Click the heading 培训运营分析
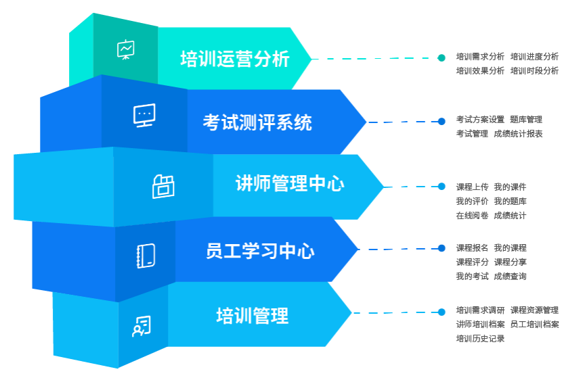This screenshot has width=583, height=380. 235,60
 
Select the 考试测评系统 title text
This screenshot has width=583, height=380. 257,123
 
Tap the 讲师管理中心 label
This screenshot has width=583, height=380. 290,184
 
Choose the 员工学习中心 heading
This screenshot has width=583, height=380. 260,252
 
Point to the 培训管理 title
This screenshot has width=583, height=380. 252,316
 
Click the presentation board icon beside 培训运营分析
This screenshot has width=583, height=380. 126,50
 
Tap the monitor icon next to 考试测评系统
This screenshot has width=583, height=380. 144,116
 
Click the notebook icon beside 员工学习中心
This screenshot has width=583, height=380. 146,256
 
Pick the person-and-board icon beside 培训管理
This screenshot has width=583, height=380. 141,327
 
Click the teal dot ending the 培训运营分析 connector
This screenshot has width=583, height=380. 441,57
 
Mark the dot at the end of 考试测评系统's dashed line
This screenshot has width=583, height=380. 441,122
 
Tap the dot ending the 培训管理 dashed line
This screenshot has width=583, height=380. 441,312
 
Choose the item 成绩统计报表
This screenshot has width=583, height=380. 518,134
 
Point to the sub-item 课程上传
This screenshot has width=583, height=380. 472,187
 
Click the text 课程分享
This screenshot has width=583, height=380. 510,262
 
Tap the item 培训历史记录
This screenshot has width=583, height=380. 480,339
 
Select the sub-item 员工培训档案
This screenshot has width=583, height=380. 534,325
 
